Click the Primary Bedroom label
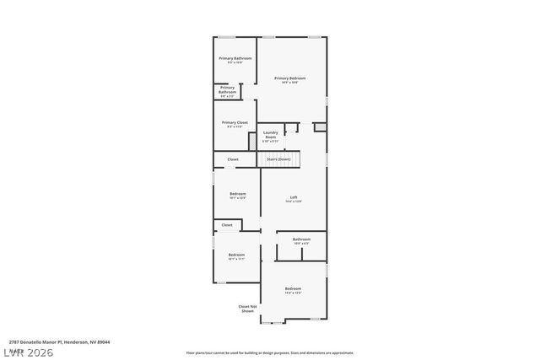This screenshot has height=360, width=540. (289, 78)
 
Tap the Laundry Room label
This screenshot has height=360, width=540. (271, 134)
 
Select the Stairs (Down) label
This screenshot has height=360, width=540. (278, 159)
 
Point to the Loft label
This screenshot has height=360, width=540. (293, 197)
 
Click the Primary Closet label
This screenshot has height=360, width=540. (235, 123)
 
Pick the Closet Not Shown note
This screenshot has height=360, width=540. (247, 309)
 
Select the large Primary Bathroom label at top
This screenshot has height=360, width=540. (235, 58)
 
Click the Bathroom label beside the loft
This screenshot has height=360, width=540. (301, 239)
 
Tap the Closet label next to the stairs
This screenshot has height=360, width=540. (233, 159)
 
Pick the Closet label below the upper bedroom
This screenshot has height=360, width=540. (227, 225)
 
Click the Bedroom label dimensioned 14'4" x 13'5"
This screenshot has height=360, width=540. (293, 288)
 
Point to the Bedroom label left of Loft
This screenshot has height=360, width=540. (237, 194)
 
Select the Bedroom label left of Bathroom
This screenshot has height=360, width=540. (236, 255)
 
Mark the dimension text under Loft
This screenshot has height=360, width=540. (293, 201)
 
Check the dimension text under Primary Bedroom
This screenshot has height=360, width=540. (289, 82)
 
